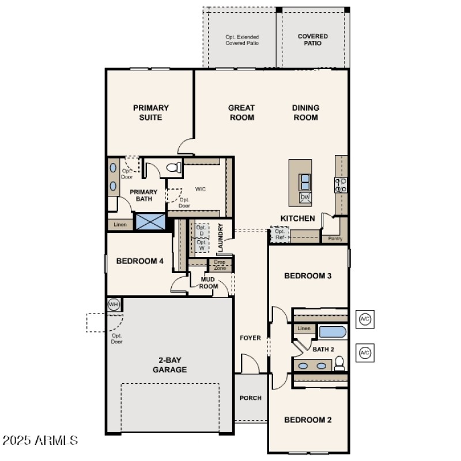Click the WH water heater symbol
click(114, 304)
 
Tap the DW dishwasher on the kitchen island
click(305, 198)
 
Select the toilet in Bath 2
click(339, 364)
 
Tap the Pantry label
click(335, 238)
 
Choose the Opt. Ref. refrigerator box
click(279, 235)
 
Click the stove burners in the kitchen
click(341, 184)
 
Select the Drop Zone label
click(220, 265)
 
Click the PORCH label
click(251, 398)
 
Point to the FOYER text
click(250, 338)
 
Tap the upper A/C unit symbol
click(365, 319)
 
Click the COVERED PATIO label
click(313, 40)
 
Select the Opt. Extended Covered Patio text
click(242, 40)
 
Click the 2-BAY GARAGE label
click(169, 365)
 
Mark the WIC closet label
click(201, 188)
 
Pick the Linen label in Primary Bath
click(120, 224)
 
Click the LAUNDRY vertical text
click(220, 238)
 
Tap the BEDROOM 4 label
click(140, 261)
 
